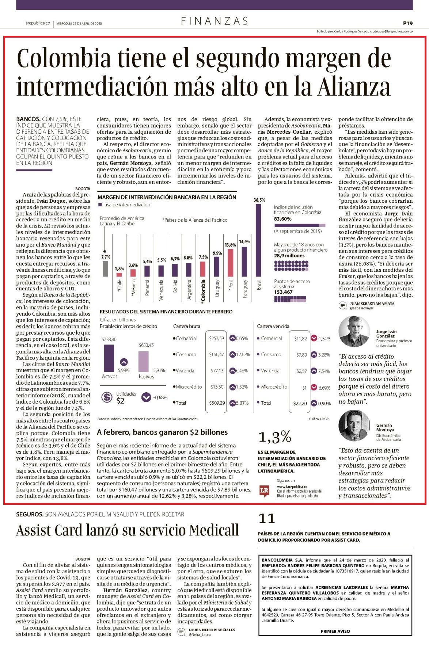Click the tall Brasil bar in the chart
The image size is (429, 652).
[x=259, y=240]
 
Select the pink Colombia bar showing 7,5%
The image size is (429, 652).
[x=203, y=269]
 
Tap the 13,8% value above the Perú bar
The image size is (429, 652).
[x=230, y=245]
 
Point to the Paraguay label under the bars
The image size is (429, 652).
[x=245, y=289]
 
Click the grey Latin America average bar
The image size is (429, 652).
[x=105, y=268]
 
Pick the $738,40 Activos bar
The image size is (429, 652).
[x=109, y=358]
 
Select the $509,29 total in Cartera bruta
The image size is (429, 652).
[x=217, y=403]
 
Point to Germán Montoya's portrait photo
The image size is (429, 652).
[x=354, y=426]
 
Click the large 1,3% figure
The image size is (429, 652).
[x=274, y=436]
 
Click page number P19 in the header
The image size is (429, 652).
[x=408, y=23]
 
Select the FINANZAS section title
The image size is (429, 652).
[x=214, y=21]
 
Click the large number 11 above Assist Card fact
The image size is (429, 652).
[x=266, y=518]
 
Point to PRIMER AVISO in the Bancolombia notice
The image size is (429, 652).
[x=335, y=631]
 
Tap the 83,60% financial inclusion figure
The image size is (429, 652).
[x=283, y=219]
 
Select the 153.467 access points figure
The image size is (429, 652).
[x=284, y=292]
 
